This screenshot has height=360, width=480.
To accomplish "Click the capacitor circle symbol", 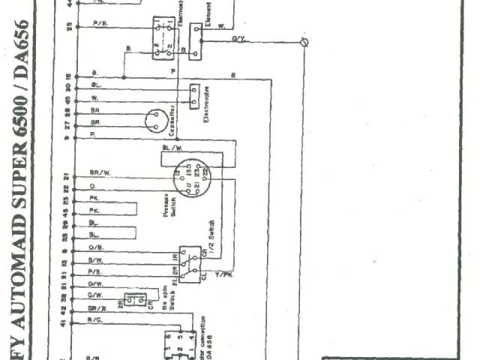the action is (x=158, y=118).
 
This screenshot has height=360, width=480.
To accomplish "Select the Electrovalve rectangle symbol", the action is (x=194, y=94).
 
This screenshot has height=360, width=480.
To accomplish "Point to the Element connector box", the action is (x=195, y=40).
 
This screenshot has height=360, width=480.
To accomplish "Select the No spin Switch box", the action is (x=136, y=300).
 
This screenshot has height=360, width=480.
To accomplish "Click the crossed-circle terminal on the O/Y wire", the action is (x=304, y=43).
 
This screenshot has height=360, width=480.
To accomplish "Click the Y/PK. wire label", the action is (x=223, y=274).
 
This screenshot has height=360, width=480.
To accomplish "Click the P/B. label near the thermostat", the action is (x=100, y=25).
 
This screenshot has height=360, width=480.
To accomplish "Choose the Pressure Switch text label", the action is (x=169, y=208).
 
